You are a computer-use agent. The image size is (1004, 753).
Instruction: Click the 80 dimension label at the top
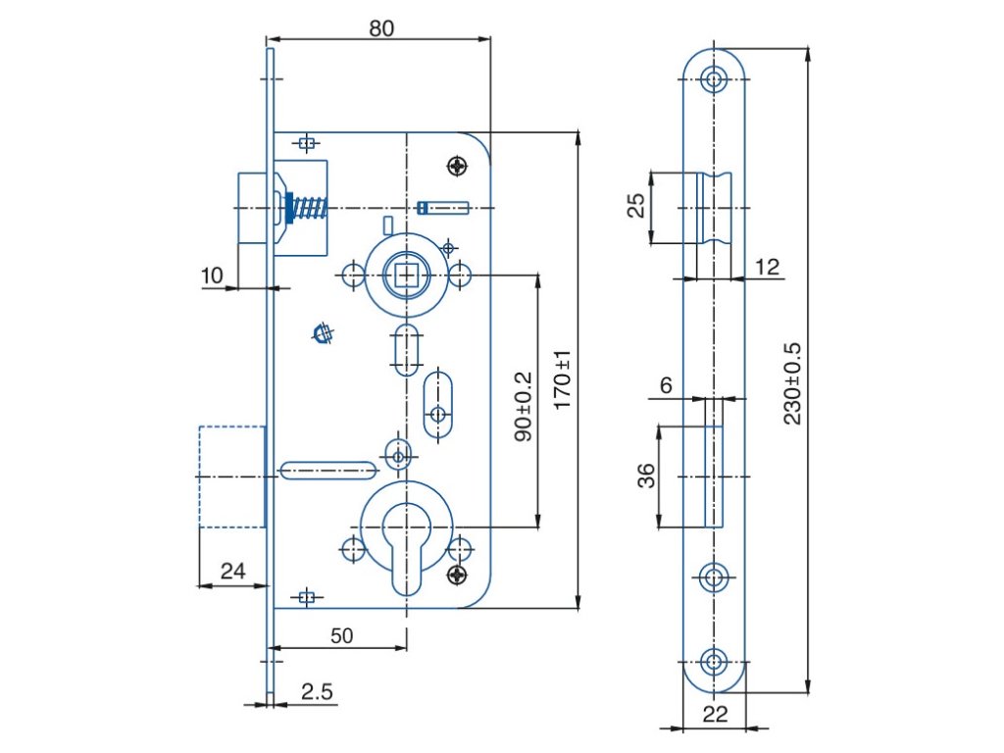pyautogui.click(x=381, y=28)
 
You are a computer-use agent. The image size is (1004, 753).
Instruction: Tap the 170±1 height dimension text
pyautogui.click(x=562, y=380)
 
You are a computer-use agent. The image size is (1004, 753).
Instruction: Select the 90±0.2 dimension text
pyautogui.click(x=524, y=407)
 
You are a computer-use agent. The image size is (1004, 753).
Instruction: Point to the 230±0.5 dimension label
pyautogui.click(x=792, y=383)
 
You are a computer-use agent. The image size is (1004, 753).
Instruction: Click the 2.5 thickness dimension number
pyautogui.click(x=317, y=691)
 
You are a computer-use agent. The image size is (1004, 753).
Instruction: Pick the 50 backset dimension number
pyautogui.click(x=342, y=635)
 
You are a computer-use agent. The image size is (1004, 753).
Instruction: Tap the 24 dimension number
pyautogui.click(x=232, y=571)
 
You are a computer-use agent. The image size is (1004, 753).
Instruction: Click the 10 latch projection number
pyautogui.click(x=212, y=276)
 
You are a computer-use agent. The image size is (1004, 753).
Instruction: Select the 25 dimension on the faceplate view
pyautogui.click(x=635, y=206)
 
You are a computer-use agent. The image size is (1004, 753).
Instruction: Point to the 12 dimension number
pyautogui.click(x=767, y=267)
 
